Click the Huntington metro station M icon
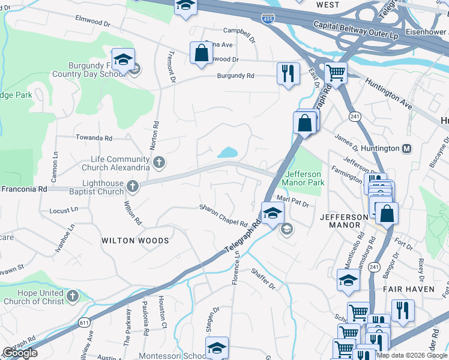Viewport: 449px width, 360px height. click(x=407, y=148)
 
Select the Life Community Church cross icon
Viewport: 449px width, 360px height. click(x=158, y=161)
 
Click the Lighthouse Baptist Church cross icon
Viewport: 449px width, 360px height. click(x=132, y=187)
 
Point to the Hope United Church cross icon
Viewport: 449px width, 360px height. click(x=72, y=296)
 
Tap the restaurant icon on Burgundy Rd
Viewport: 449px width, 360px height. click(x=288, y=74)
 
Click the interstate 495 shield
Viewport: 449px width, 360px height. click(x=267, y=19)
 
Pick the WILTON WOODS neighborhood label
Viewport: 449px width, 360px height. click(x=135, y=241)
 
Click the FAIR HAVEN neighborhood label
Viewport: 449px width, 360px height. click(x=405, y=289)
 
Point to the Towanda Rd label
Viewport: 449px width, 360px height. click(x=94, y=138)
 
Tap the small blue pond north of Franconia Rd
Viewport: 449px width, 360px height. click(x=228, y=153)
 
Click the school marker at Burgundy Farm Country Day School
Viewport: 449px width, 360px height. click(x=123, y=60)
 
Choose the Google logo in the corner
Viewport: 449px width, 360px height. click(x=20, y=353)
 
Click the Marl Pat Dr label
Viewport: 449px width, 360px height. click(x=292, y=201)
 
